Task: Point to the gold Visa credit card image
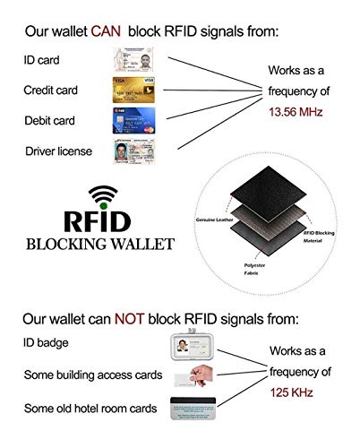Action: tap(133, 90)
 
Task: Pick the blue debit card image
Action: tap(133, 119)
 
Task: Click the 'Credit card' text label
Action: tap(50, 90)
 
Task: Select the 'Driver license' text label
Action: tap(56, 150)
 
